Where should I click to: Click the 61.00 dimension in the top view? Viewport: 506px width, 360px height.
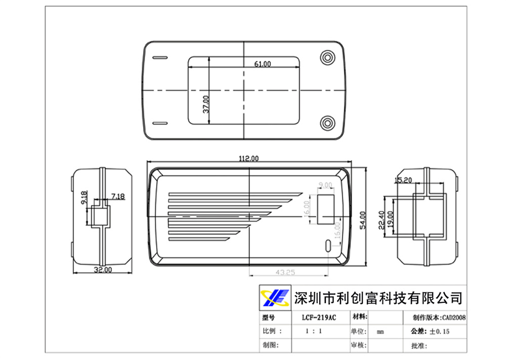coord(262,64)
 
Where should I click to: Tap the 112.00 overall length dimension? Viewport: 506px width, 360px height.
coord(248,158)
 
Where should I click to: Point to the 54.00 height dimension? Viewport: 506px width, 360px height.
coord(362,220)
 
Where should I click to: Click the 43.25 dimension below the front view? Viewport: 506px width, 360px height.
coord(285,272)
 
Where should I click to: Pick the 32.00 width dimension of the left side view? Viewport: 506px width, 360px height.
coord(103,270)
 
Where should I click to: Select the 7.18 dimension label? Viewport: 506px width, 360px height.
coord(118,196)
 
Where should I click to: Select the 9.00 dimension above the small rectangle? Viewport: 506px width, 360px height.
coord(325,185)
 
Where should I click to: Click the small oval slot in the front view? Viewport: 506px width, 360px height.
coord(328,246)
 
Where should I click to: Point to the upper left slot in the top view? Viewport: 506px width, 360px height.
coord(160,57)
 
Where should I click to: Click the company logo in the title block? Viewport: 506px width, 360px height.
coord(274,297)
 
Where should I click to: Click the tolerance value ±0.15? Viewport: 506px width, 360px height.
coord(439,332)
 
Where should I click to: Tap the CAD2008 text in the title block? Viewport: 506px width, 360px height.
coord(453,318)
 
